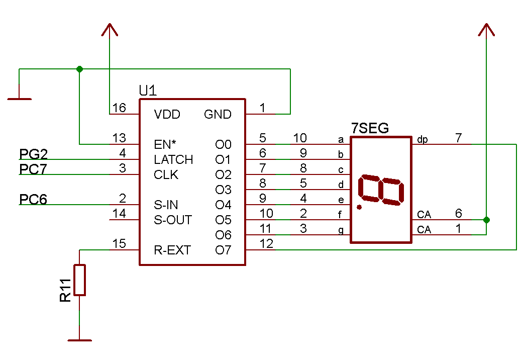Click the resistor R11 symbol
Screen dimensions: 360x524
[x=80, y=280]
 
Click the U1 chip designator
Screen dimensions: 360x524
[x=148, y=91]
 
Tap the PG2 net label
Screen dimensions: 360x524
[x=33, y=154]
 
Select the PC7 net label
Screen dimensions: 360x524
[x=33, y=169]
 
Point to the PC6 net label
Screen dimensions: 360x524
[x=33, y=200]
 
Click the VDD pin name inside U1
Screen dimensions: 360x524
[x=167, y=114]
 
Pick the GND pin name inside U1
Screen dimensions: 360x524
[x=218, y=114]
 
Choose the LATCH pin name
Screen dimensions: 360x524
[x=173, y=160]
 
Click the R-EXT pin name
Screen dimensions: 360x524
[x=172, y=250]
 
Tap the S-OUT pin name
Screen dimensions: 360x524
[x=172, y=220]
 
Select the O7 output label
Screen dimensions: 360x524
[x=223, y=250]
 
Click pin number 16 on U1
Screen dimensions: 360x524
[x=119, y=108]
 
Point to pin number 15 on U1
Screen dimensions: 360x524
[x=119, y=244]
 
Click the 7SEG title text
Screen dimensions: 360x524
[x=370, y=129]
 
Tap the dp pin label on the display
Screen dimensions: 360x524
[x=423, y=140]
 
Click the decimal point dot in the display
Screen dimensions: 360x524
[x=359, y=207]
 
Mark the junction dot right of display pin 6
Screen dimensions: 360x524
[x=486, y=220]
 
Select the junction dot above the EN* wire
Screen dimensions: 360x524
[x=79, y=69]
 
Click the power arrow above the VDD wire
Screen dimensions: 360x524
[x=110, y=30]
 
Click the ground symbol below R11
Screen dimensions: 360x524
[x=79, y=340]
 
